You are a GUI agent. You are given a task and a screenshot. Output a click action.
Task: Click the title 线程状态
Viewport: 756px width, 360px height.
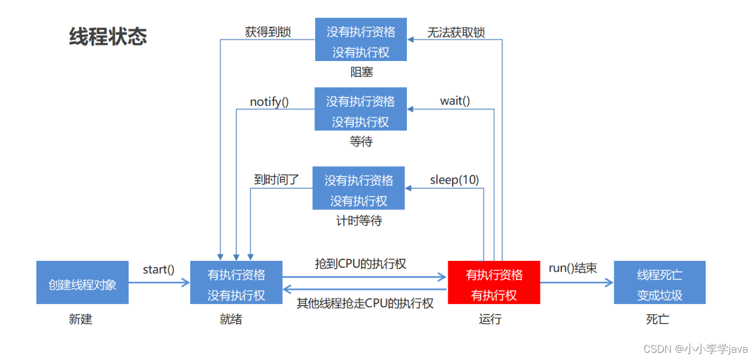pos(108,37)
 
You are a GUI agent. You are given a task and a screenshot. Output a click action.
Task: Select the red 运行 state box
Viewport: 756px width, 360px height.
pos(494,283)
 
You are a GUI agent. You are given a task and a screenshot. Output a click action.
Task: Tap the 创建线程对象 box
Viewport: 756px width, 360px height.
pos(82,283)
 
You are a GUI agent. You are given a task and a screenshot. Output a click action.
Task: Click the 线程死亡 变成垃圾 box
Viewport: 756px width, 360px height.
pos(659,283)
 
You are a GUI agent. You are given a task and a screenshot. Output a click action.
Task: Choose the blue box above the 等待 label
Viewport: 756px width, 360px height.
pos(360,109)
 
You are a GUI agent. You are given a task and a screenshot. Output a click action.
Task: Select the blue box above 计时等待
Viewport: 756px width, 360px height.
pos(358,188)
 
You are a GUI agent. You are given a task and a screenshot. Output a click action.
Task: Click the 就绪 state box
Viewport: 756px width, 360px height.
pos(236,283)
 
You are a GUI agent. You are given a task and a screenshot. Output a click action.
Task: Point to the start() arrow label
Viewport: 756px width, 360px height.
pos(158,269)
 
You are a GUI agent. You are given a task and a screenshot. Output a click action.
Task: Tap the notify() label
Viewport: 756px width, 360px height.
pos(269,101)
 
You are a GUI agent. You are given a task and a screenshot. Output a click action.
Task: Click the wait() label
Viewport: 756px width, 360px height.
pos(455,101)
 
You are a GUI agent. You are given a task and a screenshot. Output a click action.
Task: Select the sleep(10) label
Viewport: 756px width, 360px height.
pos(454,180)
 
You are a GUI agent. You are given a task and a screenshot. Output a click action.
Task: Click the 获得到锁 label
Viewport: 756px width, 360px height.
pos(268,32)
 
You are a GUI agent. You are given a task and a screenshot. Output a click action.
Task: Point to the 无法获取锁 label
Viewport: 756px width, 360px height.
pos(456,32)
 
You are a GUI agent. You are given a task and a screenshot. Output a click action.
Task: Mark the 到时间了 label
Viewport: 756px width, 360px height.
pos(276,180)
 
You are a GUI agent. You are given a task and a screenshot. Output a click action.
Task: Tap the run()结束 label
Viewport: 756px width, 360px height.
pos(572,268)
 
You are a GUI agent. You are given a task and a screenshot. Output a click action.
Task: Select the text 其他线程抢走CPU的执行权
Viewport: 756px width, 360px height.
pos(365,303)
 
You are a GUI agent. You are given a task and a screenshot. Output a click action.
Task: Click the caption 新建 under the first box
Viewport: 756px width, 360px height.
pos(81,319)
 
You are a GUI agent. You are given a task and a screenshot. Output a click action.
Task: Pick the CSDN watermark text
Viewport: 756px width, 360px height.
pos(695,349)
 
